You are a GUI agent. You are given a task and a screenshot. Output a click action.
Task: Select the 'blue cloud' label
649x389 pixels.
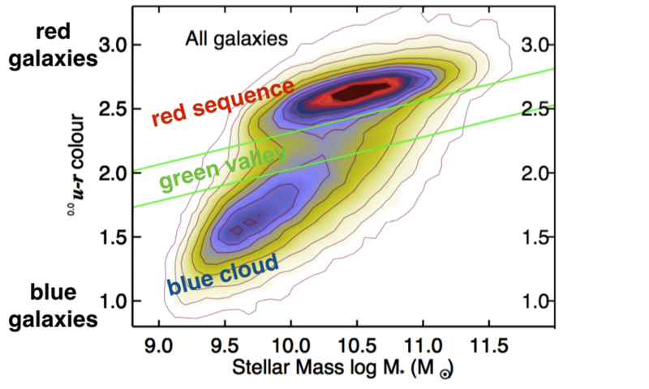(223, 274)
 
